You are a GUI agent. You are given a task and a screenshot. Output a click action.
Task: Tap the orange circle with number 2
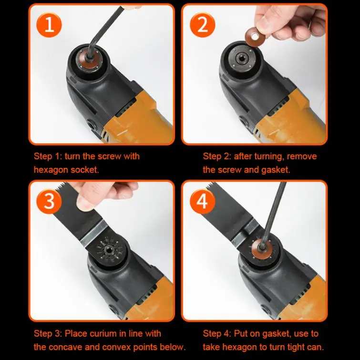[x=203, y=24]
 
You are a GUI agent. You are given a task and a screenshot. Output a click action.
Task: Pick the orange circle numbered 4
[x=203, y=201]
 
